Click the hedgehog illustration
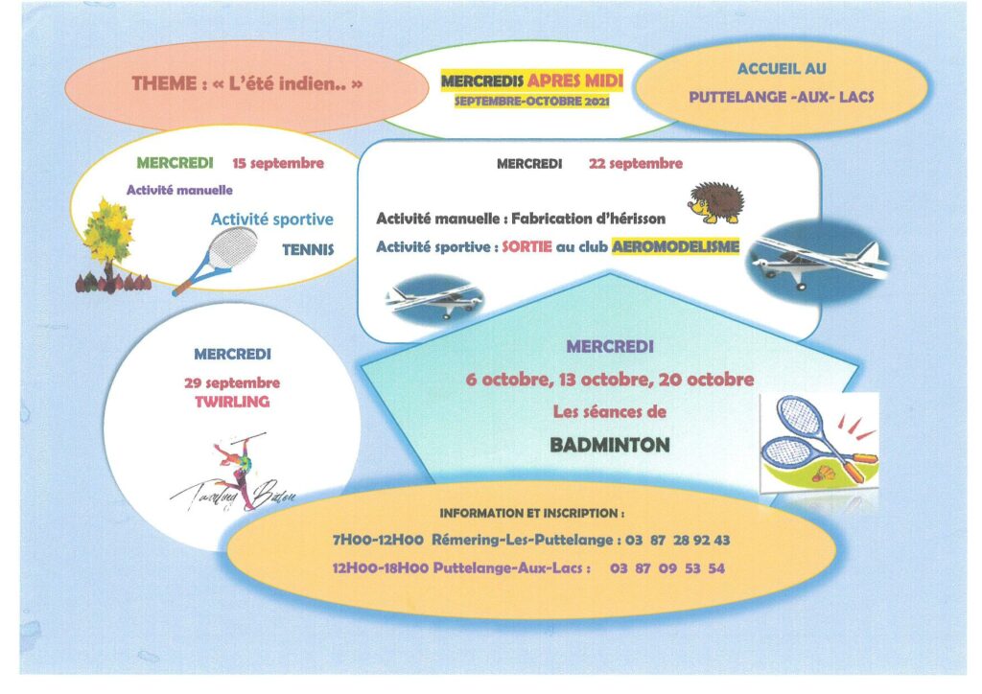click(x=715, y=203)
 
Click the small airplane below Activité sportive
click(x=434, y=300)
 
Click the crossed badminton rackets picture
click(x=819, y=441)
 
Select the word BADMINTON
click(x=610, y=445)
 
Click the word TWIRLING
click(x=232, y=402)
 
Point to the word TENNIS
click(x=308, y=249)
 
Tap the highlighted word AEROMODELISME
click(x=676, y=246)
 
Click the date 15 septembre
click(x=278, y=163)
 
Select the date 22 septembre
click(x=636, y=164)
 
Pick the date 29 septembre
click(x=232, y=383)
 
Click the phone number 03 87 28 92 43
click(x=678, y=540)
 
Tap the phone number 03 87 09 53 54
click(x=667, y=568)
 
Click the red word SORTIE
click(x=526, y=246)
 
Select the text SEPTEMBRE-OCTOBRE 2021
click(x=531, y=102)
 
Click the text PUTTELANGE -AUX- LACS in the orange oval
click(x=782, y=97)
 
